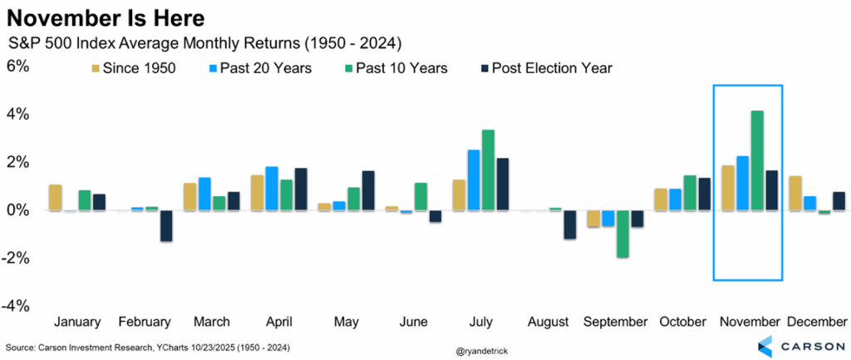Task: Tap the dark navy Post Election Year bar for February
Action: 166,225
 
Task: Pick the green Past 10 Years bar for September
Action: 621,234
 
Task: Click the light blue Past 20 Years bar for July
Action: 473,180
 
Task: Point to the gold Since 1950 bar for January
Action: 56,197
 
